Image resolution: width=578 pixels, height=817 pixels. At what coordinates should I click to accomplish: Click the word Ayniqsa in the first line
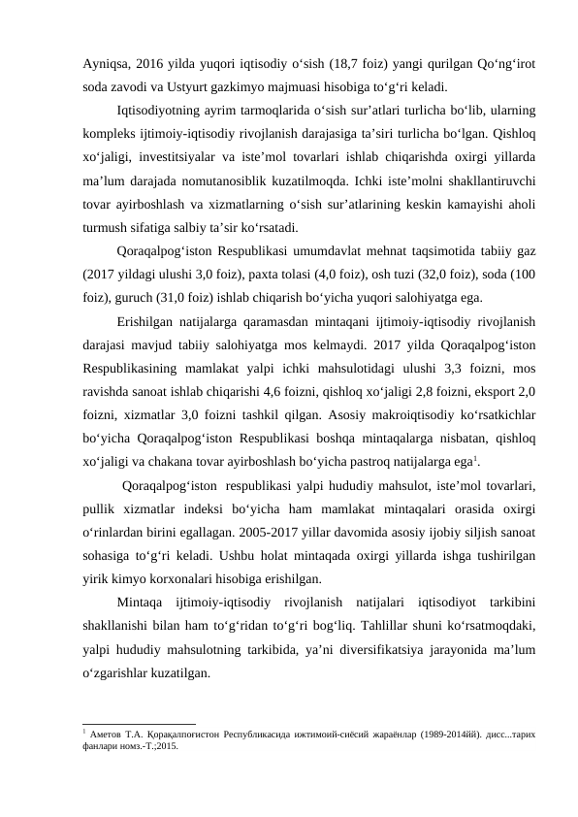pyautogui.click(x=105, y=64)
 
